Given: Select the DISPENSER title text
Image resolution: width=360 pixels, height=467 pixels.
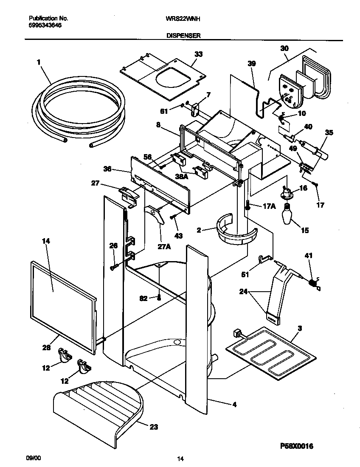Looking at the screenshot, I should (x=183, y=36).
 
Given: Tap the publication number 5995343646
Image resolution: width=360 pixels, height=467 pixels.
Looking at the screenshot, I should (x=45, y=25).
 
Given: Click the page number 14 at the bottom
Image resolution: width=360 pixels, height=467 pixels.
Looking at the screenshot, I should (x=180, y=459).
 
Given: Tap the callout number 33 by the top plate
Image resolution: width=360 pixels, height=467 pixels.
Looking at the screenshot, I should (x=198, y=54).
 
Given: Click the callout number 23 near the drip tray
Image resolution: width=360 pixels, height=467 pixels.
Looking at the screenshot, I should (x=153, y=427).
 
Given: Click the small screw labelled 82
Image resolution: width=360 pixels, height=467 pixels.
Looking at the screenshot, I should (x=159, y=298).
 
